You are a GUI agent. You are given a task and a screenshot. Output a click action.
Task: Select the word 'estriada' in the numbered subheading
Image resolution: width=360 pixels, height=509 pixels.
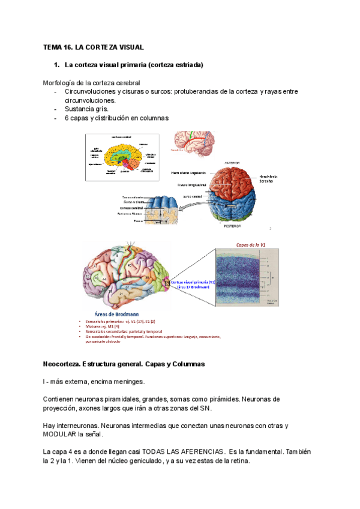pyautogui.click(x=188, y=64)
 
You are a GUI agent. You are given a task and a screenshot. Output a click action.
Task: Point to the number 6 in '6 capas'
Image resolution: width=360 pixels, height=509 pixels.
pyautogui.click(x=67, y=118)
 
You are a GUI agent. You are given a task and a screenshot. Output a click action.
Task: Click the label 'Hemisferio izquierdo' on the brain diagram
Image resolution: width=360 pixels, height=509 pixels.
pyautogui.click(x=188, y=173)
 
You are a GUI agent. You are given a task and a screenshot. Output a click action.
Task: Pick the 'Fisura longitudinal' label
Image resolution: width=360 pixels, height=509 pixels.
pyautogui.click(x=191, y=185)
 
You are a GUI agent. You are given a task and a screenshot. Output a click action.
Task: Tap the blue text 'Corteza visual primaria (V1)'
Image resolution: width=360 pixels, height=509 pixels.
pyautogui.click(x=193, y=281)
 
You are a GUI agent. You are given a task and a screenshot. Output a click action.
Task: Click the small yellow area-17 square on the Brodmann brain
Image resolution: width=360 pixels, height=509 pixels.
pyautogui.click(x=167, y=282)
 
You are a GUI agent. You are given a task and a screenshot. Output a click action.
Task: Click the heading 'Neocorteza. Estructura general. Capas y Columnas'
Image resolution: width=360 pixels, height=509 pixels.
pyautogui.click(x=124, y=364)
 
